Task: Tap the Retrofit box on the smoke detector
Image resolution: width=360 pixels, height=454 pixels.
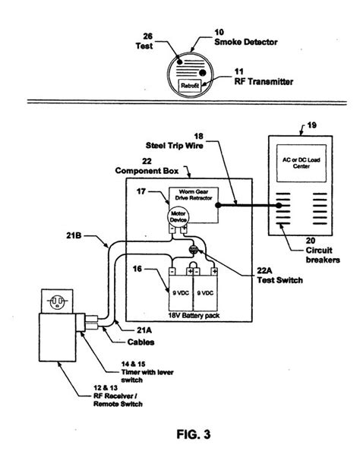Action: click(189, 87)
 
